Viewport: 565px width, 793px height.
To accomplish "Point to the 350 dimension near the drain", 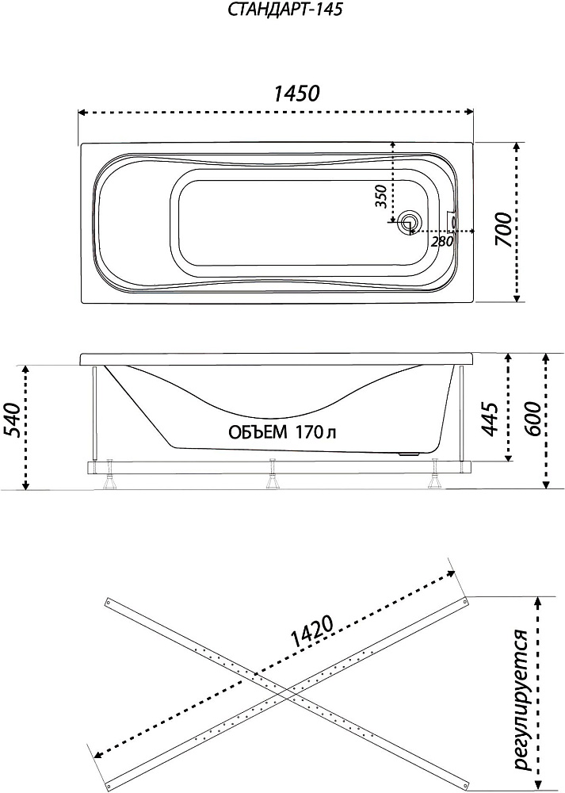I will pyautogui.click(x=381, y=195).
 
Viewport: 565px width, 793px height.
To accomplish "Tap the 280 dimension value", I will pyautogui.click(x=442, y=240).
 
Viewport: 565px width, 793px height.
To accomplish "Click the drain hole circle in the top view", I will pyautogui.click(x=410, y=224).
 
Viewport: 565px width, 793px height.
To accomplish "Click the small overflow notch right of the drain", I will pyautogui.click(x=453, y=215).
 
